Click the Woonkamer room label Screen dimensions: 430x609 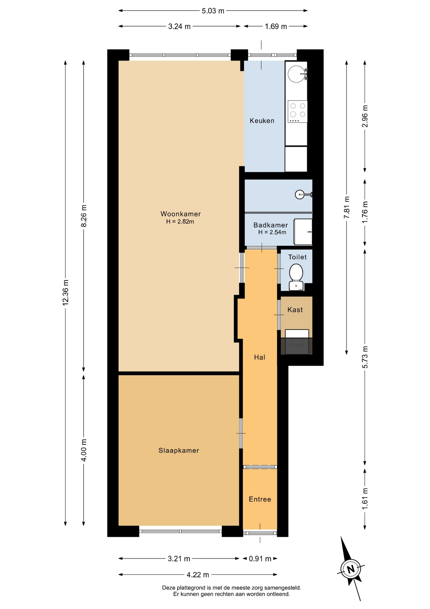[180, 214]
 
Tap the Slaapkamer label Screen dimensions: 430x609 [179, 450]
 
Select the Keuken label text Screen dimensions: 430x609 [262, 121]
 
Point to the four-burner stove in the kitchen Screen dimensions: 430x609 [297, 111]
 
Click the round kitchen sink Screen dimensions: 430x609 [296, 74]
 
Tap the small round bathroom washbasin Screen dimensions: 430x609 [300, 194]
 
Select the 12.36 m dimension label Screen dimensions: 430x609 [66, 293]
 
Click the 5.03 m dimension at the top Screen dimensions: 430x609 [213, 11]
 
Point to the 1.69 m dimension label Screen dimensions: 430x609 [276, 26]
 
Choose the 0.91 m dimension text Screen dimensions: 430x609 [260, 559]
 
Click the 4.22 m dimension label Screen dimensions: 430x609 [198, 574]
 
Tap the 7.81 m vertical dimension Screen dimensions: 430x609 [347, 207]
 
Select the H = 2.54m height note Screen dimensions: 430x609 [272, 232]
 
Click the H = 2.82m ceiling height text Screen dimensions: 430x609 [180, 221]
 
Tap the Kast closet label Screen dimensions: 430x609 [295, 310]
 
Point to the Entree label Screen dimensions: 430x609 [260, 499]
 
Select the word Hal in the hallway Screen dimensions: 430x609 [260, 357]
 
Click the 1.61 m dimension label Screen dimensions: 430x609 [365, 499]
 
